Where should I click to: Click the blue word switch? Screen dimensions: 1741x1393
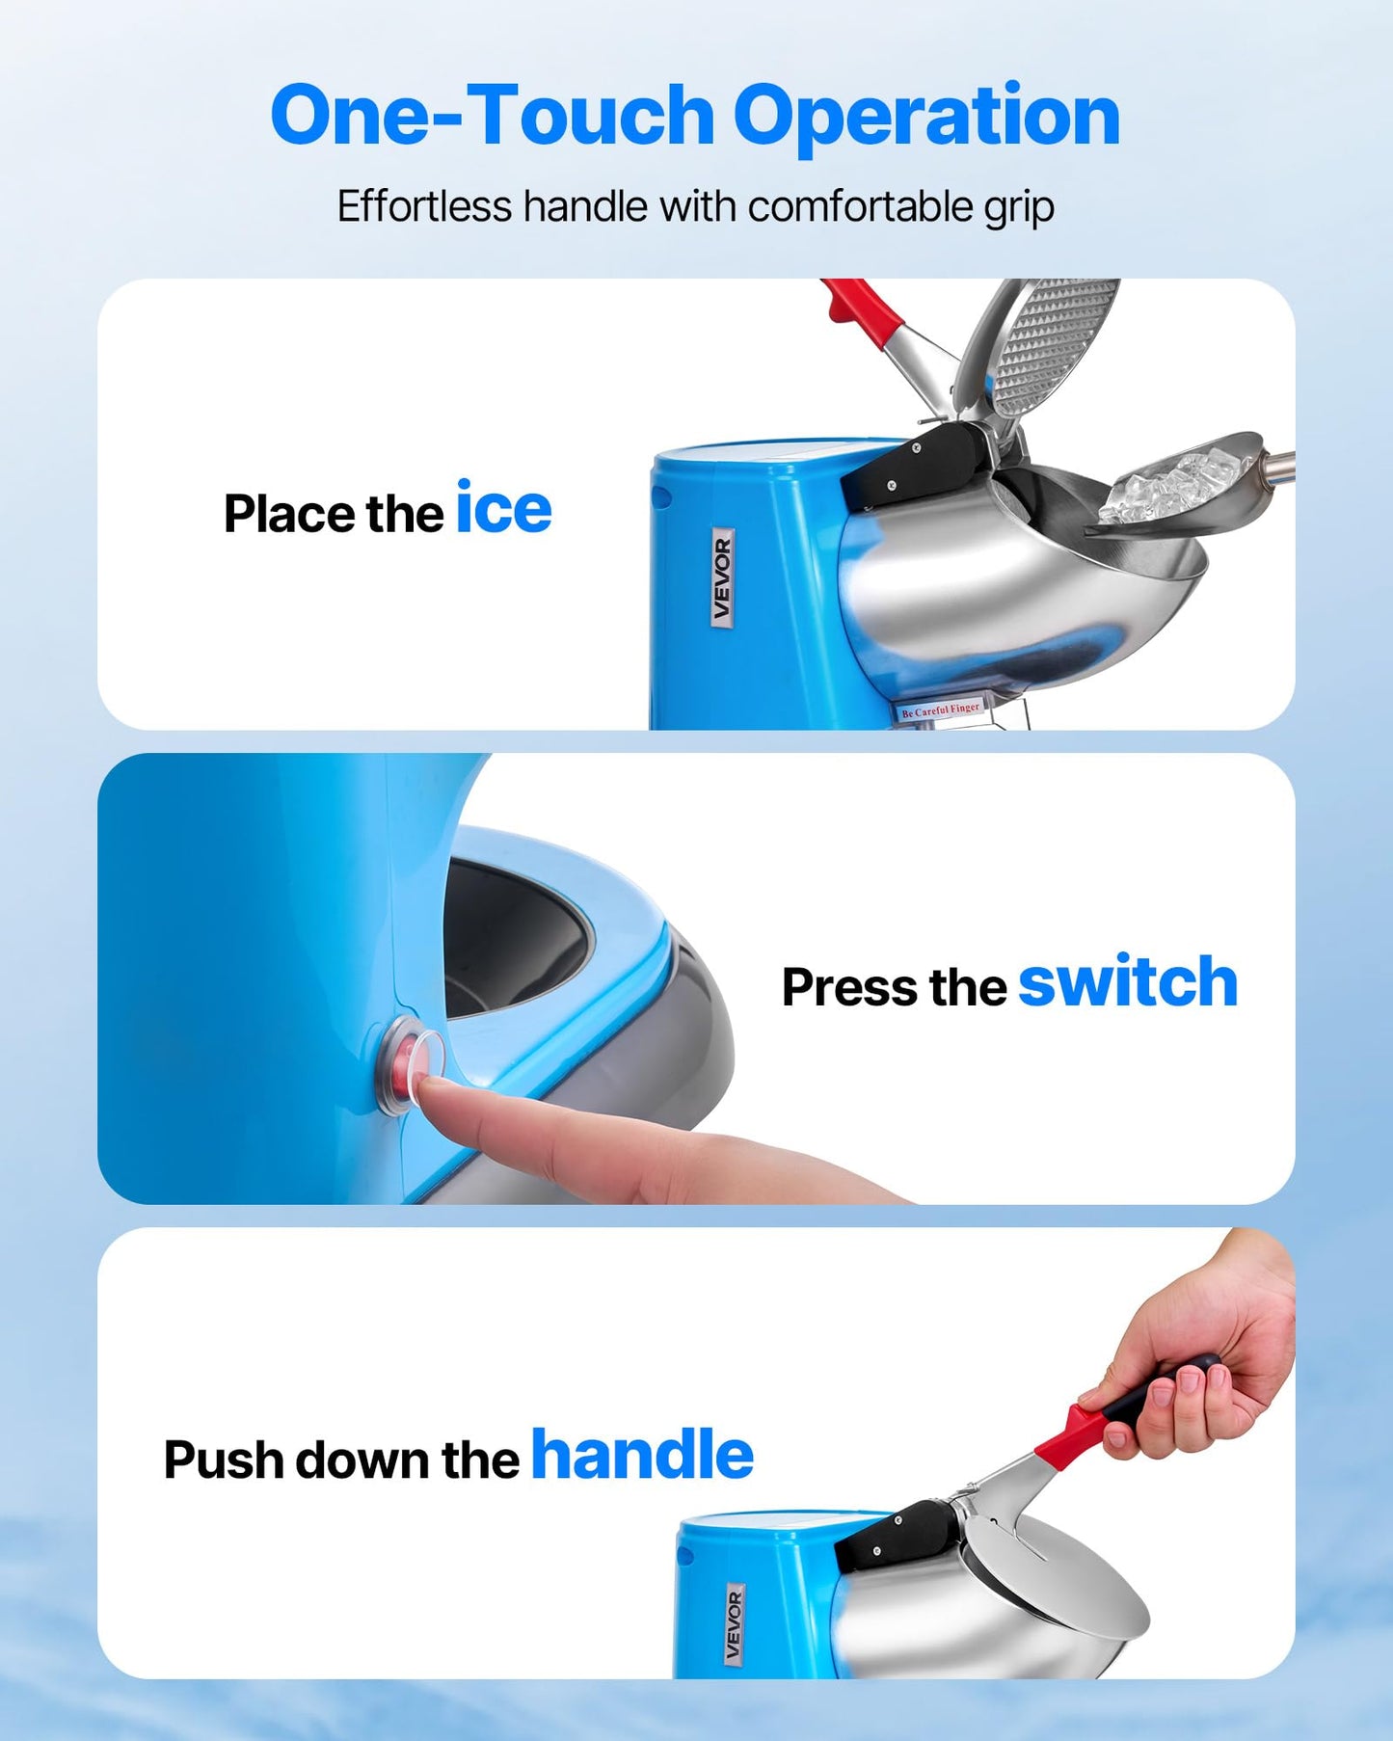tap(1127, 982)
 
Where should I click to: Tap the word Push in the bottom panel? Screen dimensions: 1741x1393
tap(223, 1460)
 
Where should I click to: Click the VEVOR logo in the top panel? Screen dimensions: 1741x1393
tap(722, 577)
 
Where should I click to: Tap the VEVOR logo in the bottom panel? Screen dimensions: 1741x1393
tap(734, 1625)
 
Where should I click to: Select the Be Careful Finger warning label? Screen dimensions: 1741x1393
tap(940, 710)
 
